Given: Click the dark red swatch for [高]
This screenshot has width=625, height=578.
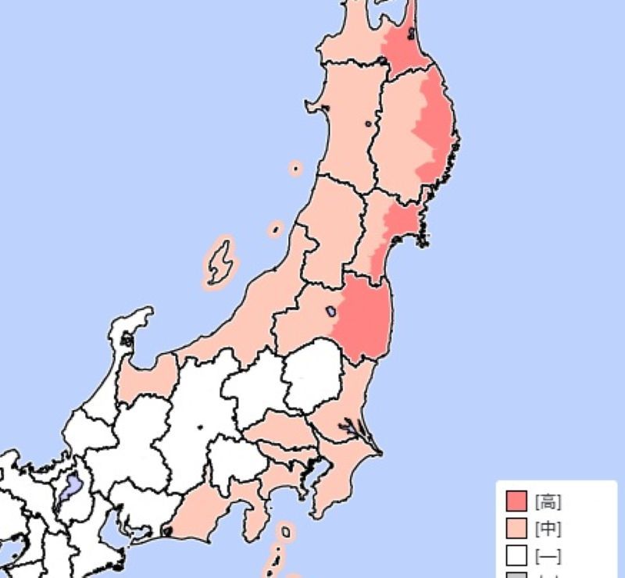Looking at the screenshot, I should (516, 501).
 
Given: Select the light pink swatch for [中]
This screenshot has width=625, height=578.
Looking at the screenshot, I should (516, 529).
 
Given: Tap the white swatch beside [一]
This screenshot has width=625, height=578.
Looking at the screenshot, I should (516, 555).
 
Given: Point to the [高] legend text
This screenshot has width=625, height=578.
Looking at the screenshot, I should (548, 501).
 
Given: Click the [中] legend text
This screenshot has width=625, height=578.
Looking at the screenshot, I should (548, 529).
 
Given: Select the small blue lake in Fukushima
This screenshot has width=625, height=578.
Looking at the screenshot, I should (330, 311).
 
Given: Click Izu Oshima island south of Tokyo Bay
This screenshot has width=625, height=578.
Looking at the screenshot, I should (286, 533).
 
